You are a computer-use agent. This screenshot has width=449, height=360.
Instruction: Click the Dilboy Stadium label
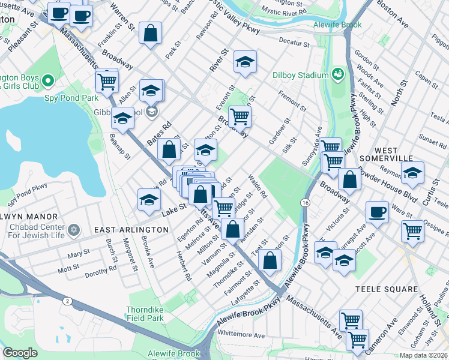pos(301,75)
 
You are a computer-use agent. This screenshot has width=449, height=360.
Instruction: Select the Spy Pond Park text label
pos(70,97)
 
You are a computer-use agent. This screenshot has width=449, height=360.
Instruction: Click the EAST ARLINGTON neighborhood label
pos(131,230)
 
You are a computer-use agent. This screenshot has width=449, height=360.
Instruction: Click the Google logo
pos(20,353)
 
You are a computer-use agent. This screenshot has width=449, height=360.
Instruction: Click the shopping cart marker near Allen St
pos(107,80)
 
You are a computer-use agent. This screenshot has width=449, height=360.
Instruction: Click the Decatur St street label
pos(294,44)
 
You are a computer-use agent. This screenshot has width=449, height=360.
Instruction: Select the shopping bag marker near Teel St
pos(271,260)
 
